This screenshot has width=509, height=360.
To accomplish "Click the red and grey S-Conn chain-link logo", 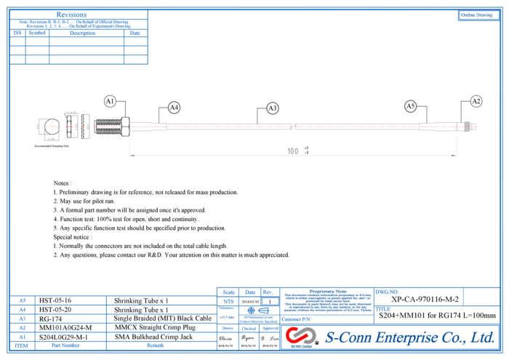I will pyautogui.click(x=300, y=335).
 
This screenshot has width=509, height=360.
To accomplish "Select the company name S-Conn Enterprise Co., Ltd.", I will pyautogui.click(x=409, y=337).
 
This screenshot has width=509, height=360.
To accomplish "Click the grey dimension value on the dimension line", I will pyautogui.click(x=293, y=151).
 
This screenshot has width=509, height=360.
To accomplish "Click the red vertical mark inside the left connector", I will pyautogui.click(x=52, y=127).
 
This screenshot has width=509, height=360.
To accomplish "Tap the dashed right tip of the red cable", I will pyautogui.click(x=473, y=127).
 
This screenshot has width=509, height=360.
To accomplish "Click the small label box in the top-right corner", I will pyautogui.click(x=478, y=15).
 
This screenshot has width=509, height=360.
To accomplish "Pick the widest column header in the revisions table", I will pyautogui.click(x=86, y=33).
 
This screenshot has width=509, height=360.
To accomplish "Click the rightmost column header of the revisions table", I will pyautogui.click(x=135, y=33).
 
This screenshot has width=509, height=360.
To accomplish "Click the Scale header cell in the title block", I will pyautogui.click(x=228, y=292).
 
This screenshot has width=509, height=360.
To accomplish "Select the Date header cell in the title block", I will pyautogui.click(x=250, y=292).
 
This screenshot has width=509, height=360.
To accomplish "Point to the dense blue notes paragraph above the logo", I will pyautogui.click(x=326, y=300).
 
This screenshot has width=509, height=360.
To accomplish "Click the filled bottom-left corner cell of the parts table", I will pyautogui.click(x=22, y=345).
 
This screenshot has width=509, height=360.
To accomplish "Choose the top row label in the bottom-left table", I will pyautogui.click(x=23, y=300).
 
